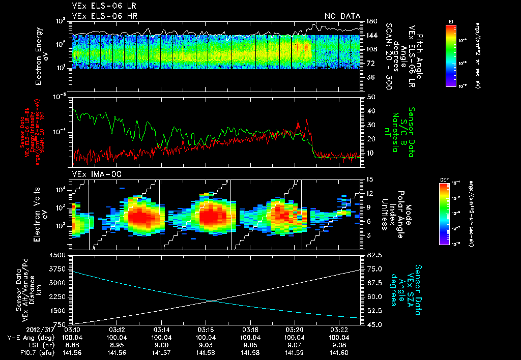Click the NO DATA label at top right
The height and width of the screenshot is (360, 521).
click(342, 16)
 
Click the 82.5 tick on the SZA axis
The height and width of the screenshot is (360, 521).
click(372, 255)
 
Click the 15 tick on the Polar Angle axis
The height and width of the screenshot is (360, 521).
click(369, 179)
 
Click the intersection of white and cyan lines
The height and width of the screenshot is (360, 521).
click(212, 301)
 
